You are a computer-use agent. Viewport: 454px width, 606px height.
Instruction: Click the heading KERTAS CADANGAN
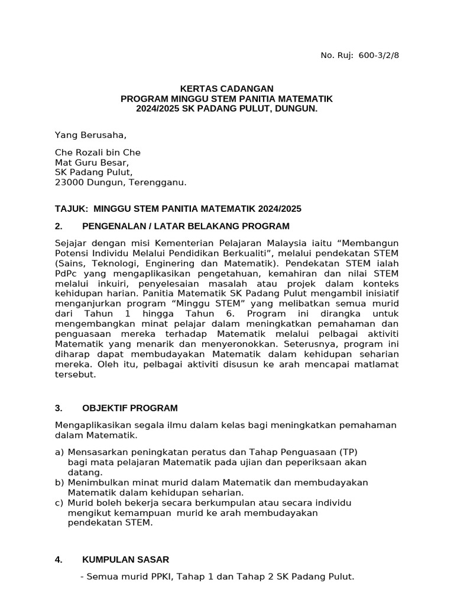click(226, 88)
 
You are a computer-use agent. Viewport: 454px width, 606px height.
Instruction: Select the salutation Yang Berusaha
click(90, 135)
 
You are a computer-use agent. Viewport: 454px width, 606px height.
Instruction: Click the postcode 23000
click(69, 183)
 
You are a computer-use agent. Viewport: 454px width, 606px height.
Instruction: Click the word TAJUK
click(70, 209)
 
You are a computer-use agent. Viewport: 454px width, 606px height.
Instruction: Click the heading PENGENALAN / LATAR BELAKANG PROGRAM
click(186, 226)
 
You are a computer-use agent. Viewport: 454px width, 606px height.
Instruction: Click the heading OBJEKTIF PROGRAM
click(129, 408)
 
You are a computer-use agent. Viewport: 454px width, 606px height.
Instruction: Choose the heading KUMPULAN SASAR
click(125, 559)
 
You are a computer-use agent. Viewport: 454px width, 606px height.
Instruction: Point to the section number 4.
click(59, 559)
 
